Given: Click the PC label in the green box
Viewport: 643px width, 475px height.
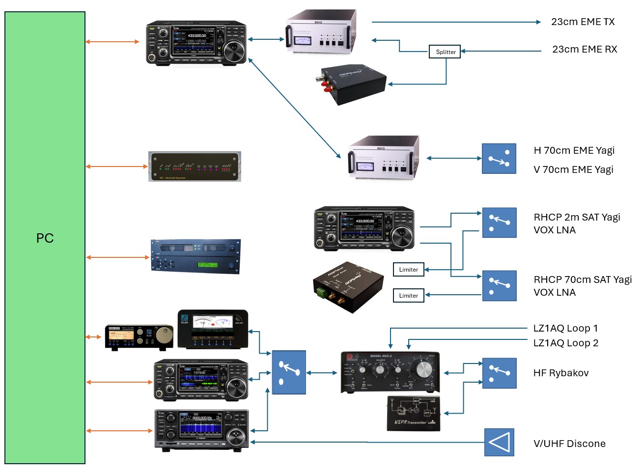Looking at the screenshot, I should click(x=45, y=238).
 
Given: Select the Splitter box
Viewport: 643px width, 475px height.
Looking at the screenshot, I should click(x=446, y=52).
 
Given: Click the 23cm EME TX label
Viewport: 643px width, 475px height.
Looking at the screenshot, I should click(x=583, y=22).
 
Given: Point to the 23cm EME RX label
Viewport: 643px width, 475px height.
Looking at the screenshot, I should click(x=584, y=49).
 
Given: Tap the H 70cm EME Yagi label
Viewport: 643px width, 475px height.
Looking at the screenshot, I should click(x=574, y=150).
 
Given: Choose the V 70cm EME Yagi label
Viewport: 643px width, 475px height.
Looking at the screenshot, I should click(x=573, y=169).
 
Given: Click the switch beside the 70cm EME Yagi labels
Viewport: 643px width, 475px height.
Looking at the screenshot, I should click(x=499, y=159).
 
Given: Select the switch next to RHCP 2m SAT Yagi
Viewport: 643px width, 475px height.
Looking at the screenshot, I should click(x=499, y=223).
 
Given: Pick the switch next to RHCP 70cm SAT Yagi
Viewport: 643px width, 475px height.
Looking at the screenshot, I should click(x=499, y=285).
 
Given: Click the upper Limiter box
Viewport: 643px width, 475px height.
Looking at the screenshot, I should click(x=408, y=270).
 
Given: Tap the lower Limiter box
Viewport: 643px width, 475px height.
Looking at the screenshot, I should click(x=408, y=295).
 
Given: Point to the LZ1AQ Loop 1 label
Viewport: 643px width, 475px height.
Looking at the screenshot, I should click(x=565, y=328).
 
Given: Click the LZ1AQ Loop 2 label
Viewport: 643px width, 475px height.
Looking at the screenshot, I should click(x=565, y=343).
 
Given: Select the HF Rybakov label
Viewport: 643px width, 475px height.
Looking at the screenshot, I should click(x=560, y=373).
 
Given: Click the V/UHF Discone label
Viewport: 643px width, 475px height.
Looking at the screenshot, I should click(x=569, y=444).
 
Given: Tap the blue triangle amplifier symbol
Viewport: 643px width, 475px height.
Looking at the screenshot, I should click(x=499, y=442).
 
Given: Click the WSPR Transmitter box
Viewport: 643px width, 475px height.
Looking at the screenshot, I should click(x=414, y=414).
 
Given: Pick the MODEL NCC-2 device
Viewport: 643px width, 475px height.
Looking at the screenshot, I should click(x=390, y=372).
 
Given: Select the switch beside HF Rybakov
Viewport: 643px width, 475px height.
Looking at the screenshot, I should click(x=499, y=373).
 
